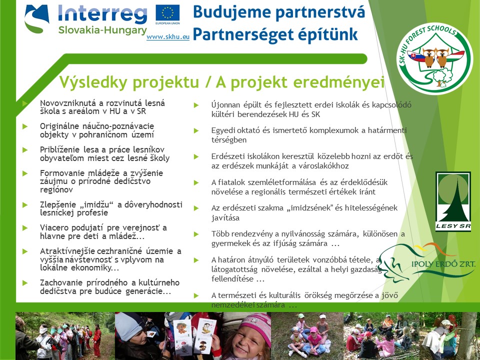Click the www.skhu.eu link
(x=168, y=37)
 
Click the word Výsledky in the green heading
(x=89, y=81)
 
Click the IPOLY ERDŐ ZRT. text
(x=442, y=263)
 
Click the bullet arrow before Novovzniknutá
(x=24, y=103)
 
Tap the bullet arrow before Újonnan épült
(x=196, y=105)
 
